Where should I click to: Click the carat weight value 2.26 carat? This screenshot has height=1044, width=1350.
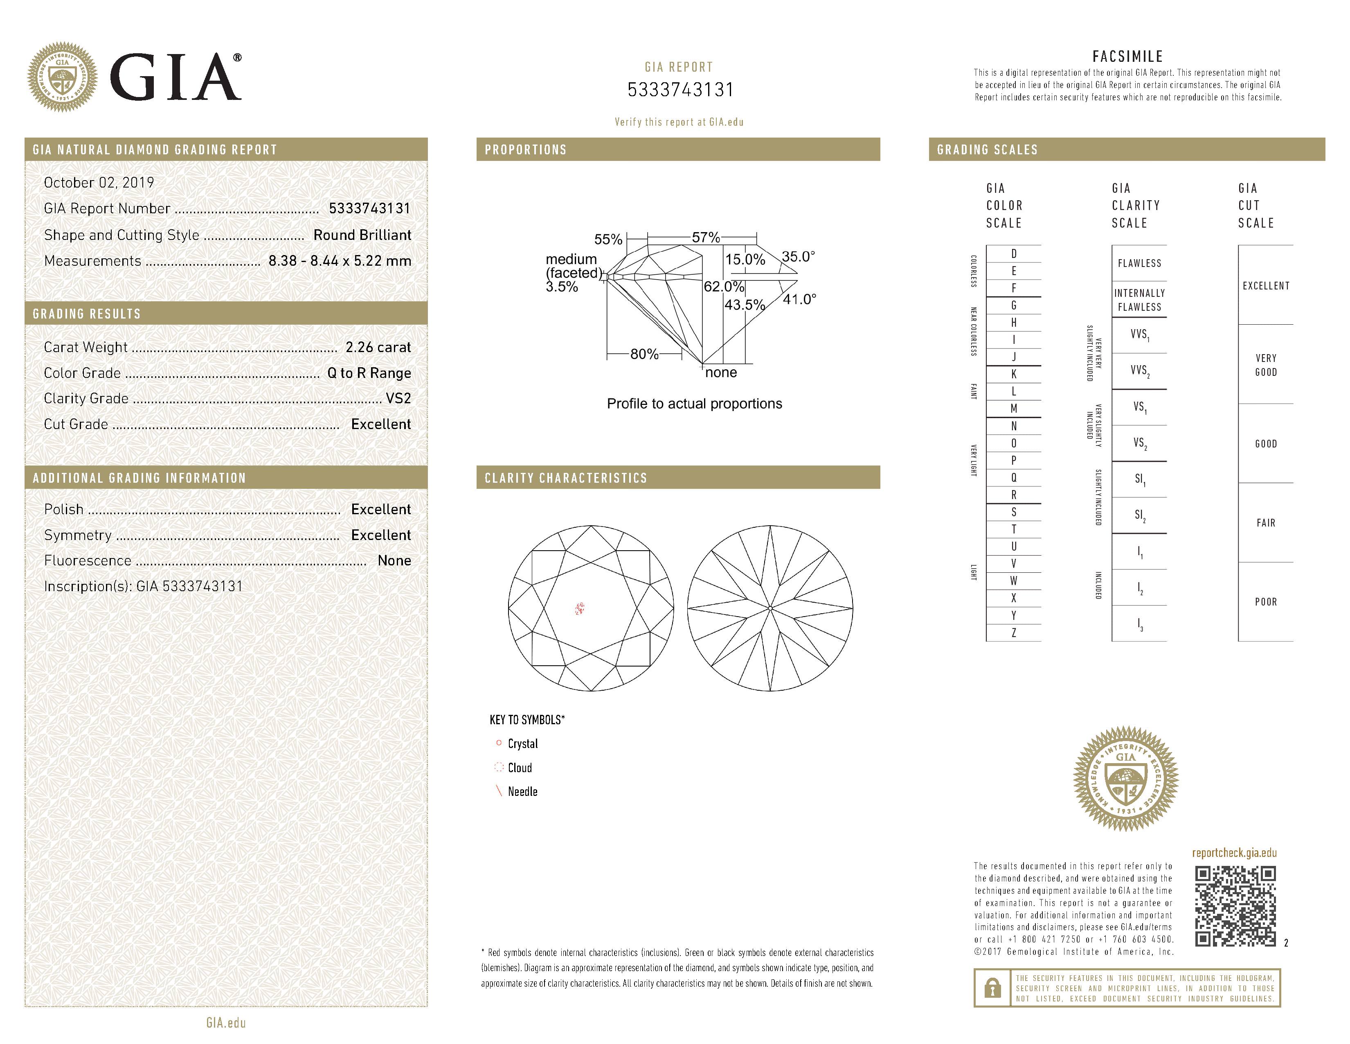[378, 348]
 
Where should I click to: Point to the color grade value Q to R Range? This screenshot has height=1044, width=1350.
[369, 373]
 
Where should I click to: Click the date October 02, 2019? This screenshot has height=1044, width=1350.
[99, 183]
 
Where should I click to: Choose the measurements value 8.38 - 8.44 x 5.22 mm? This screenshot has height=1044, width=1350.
[340, 261]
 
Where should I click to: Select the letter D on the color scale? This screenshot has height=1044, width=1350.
[1014, 253]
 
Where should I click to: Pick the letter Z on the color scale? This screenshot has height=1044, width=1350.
[1014, 633]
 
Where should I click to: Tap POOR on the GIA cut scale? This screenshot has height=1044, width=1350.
[1265, 602]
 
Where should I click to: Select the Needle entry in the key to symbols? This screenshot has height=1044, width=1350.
[522, 792]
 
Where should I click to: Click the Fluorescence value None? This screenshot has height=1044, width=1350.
[394, 561]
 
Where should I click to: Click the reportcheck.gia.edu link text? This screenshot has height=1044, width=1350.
[1234, 853]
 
